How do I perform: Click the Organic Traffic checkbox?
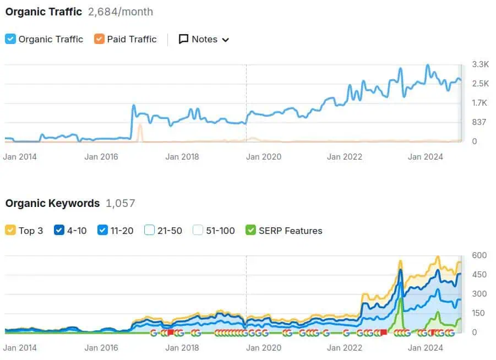(10, 39)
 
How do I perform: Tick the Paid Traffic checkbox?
(99, 39)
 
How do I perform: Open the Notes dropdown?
(204, 39)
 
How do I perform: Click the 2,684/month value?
(121, 12)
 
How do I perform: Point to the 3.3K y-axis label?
(480, 64)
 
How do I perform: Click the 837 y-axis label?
(479, 122)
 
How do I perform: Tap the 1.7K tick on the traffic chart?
(480, 102)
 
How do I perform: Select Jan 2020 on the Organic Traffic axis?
(264, 157)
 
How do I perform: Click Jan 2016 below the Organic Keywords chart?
(102, 348)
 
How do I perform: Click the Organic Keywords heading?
(52, 203)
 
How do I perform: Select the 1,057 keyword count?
(120, 203)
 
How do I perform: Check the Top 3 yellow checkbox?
(10, 230)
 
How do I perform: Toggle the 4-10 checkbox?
(59, 230)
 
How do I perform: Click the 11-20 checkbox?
(102, 230)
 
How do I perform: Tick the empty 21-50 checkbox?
(149, 230)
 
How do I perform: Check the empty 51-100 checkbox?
(198, 230)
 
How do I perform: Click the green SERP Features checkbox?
(251, 230)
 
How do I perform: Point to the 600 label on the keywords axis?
(479, 255)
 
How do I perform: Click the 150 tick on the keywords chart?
(479, 313)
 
